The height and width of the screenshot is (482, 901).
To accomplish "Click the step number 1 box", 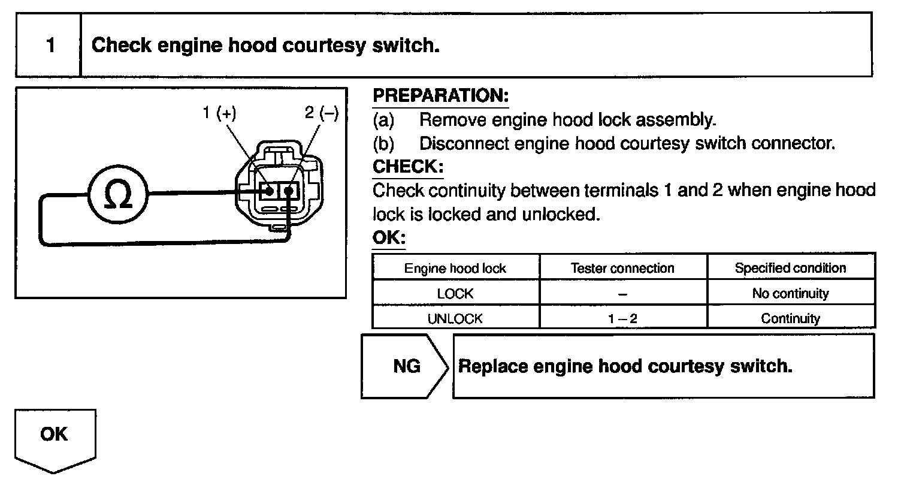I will [x=50, y=45].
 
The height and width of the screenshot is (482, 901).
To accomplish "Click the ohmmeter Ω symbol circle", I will [x=119, y=193].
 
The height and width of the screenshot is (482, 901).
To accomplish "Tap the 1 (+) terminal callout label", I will [x=219, y=114].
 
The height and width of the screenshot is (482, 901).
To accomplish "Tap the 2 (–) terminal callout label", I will [x=322, y=114].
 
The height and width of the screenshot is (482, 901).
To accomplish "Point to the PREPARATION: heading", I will [x=440, y=96].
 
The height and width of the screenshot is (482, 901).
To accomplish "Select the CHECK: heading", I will [x=407, y=166].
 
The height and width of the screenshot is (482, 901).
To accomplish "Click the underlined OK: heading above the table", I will [x=388, y=238].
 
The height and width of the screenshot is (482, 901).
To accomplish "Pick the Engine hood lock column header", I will [x=455, y=269].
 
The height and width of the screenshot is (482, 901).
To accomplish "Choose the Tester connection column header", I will [x=622, y=269].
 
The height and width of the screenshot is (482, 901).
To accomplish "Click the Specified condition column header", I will [x=790, y=268].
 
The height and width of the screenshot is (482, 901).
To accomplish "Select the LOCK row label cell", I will [x=455, y=294].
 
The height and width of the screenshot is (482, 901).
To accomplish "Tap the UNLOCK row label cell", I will [x=455, y=319].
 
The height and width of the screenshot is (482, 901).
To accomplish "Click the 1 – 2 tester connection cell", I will [x=622, y=319].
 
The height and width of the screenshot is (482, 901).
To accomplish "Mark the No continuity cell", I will [x=790, y=294].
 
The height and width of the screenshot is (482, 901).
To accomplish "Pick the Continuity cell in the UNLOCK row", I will [x=790, y=319].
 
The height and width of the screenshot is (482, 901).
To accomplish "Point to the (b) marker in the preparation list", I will [x=383, y=144].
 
